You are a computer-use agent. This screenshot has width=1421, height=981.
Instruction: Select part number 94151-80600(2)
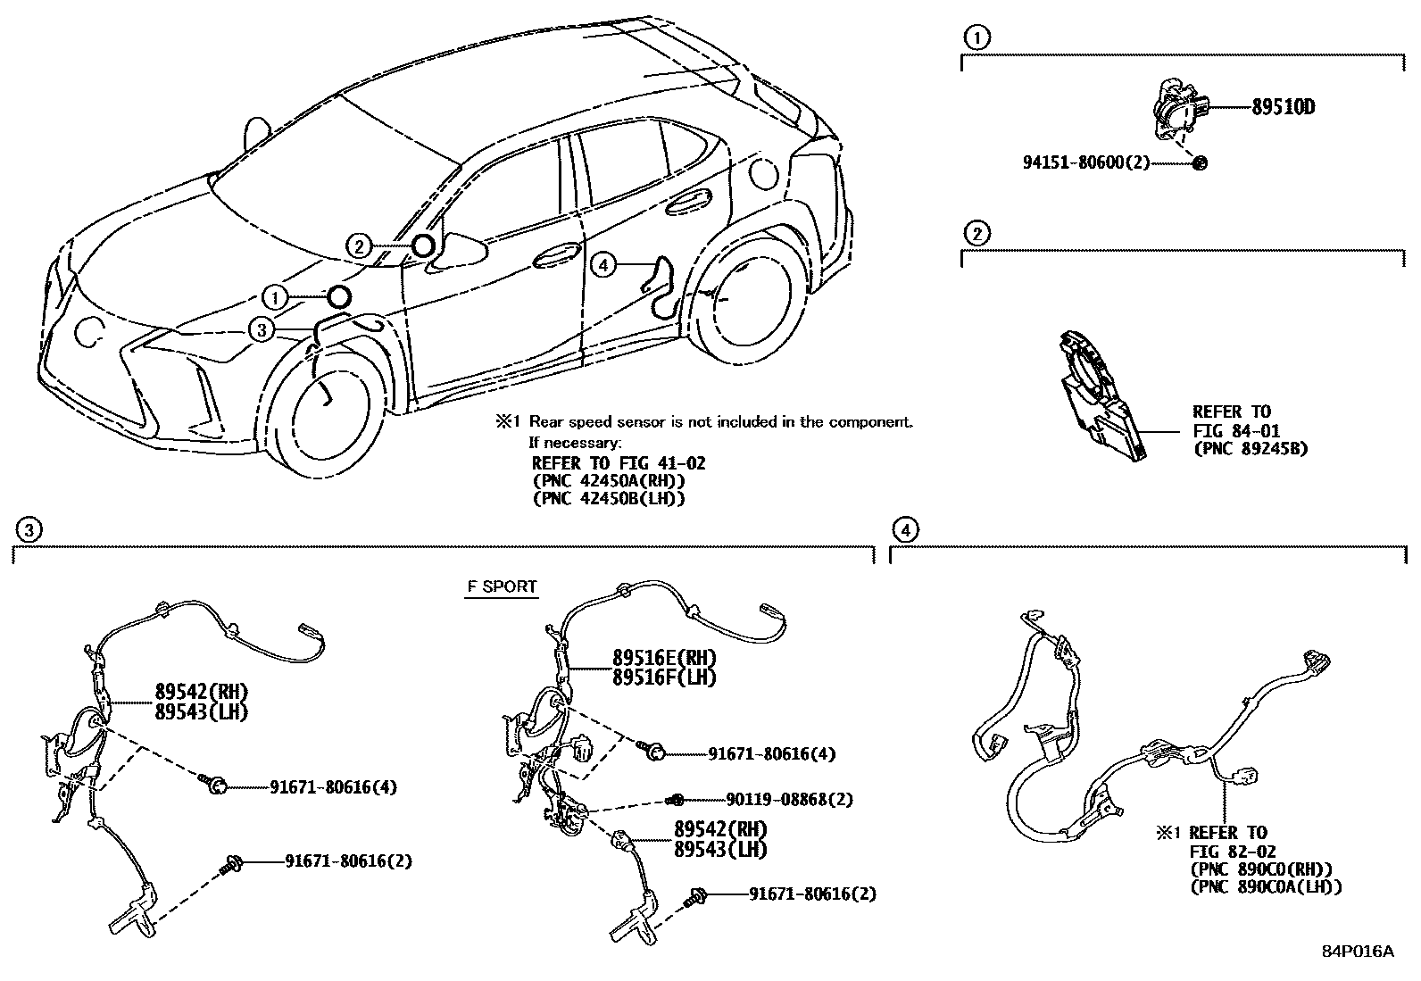click(1085, 162)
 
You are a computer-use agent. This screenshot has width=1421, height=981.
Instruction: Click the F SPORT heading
click(502, 586)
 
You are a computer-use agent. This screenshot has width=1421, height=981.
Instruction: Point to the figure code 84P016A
click(1358, 952)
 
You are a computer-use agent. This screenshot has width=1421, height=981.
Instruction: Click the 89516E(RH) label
click(664, 659)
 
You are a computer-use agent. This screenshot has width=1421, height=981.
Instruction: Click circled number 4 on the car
click(604, 264)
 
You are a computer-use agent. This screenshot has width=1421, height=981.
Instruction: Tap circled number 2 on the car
click(358, 246)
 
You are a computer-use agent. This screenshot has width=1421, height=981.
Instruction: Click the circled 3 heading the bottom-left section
click(29, 530)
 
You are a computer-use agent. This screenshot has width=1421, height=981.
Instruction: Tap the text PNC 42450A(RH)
click(608, 481)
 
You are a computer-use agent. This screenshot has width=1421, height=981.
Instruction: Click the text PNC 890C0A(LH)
click(1266, 886)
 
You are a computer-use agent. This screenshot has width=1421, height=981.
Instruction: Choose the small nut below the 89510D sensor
click(1200, 162)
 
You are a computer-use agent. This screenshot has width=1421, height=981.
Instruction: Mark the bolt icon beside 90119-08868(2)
click(677, 798)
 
